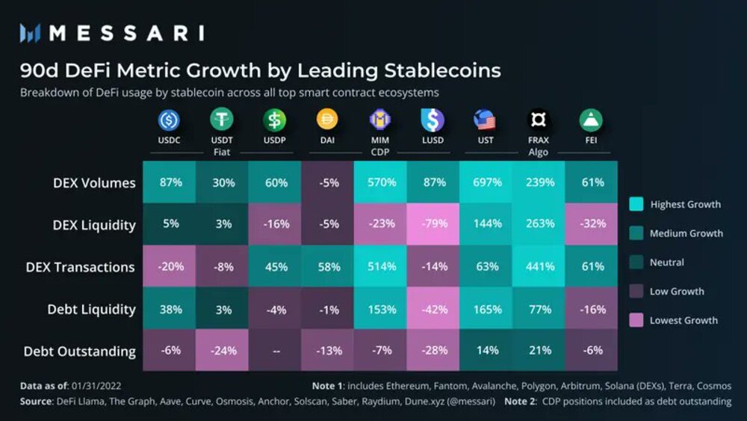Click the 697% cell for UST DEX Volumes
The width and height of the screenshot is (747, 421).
pos(487,182)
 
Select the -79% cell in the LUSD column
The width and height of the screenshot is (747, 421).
pos(433,224)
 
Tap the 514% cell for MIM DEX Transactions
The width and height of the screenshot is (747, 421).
pos(380,266)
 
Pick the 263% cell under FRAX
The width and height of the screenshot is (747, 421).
pos(539,224)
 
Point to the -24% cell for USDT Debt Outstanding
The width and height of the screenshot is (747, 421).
pos(222,351)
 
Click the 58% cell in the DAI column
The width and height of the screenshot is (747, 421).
pos(328,266)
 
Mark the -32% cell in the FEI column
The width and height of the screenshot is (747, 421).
pos(591,224)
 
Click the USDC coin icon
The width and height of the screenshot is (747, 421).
pos(169,120)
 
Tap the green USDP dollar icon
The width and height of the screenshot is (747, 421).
pos(274,120)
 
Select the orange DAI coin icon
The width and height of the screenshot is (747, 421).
pos(327,120)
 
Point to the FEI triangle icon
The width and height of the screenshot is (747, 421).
pos(591,120)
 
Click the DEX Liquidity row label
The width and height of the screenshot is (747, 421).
pos(94,224)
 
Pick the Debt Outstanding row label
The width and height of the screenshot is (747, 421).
pos(80,351)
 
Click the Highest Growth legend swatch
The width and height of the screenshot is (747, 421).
pos(636,204)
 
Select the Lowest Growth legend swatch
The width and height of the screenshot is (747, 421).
pos(636,320)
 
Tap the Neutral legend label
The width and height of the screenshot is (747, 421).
pos(666,262)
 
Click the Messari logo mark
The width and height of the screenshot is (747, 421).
pos(30,33)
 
